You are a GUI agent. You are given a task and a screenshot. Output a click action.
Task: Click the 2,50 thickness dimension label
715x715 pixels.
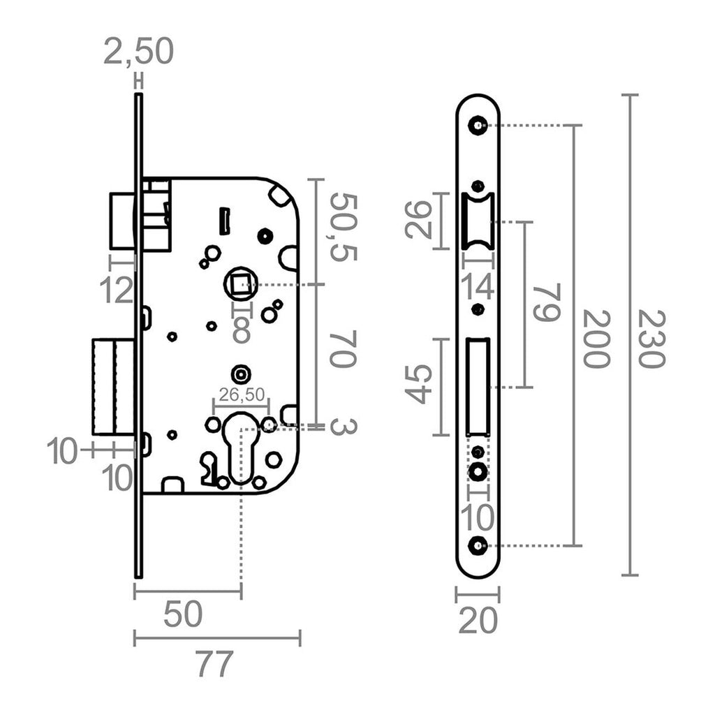[x=138, y=52]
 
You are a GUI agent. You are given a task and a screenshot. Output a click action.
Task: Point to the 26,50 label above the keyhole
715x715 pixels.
[x=240, y=395]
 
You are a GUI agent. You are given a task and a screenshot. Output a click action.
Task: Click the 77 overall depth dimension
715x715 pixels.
[x=214, y=664]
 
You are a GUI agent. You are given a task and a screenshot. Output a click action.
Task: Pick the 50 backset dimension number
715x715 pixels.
[x=183, y=614]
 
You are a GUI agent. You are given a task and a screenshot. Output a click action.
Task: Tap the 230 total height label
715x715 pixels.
[x=651, y=339]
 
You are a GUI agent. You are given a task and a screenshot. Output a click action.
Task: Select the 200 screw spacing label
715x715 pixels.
[x=596, y=339]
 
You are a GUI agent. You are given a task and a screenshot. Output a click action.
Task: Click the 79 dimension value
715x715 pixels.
[x=546, y=302]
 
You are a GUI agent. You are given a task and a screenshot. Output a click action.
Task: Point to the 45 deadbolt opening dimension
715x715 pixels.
[x=420, y=383]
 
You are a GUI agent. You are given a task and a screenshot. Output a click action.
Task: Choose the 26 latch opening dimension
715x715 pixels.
[x=420, y=220]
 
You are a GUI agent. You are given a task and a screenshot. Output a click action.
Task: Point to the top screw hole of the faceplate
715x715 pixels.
[x=478, y=126]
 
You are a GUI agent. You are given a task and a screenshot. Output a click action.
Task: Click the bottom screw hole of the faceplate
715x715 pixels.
[x=478, y=546]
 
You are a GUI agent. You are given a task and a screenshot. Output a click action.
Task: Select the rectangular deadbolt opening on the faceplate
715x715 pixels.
[x=478, y=386]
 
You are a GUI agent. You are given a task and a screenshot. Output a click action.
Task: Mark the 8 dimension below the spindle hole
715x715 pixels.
[x=242, y=330]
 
